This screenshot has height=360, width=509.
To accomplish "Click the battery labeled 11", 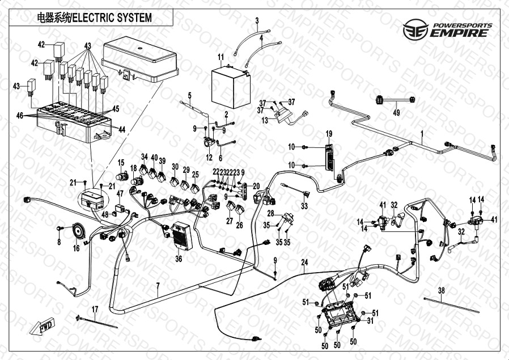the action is coord(231,88).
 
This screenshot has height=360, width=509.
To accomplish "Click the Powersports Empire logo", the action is coord(447,29).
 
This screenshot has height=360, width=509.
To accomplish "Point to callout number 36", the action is coord(179,259).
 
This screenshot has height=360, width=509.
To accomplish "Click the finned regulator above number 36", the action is coord(182,236).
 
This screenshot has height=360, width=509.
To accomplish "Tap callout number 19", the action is coord(329,133).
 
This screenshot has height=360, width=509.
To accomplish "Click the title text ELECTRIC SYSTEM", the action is coord(112,18).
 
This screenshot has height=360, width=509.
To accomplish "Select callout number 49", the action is coord(396,113).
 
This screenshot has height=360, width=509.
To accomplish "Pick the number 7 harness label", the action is coord(158,286).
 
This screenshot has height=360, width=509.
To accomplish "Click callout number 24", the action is coord(304,262).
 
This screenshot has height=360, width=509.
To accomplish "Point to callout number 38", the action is coord(442,290).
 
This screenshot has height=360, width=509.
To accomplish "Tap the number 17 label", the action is coord(95,310).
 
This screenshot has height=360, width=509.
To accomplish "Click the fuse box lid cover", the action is coord(140,59).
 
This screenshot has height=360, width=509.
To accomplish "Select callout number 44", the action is coord(122,129).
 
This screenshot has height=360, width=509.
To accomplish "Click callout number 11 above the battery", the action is coord(220,57).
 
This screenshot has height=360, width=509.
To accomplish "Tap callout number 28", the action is coord(271,214).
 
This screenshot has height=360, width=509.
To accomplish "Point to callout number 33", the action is coord(304,206).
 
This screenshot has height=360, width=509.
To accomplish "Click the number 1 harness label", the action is coord(422,133).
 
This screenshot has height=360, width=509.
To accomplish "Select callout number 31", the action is coord(370,321).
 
